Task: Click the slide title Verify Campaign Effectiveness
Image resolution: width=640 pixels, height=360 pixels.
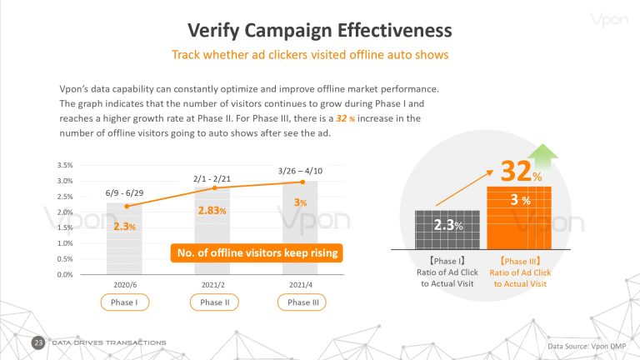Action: [x=320, y=31]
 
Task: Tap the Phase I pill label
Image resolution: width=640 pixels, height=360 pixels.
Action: [x=124, y=302]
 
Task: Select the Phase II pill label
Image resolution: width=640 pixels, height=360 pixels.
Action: [x=214, y=302]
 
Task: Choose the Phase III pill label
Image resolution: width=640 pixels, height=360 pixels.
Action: [x=302, y=302]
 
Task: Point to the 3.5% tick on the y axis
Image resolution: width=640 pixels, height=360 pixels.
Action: [x=65, y=165]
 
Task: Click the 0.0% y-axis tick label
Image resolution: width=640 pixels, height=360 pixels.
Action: [x=65, y=275]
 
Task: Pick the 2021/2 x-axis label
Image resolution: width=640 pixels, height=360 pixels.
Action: [x=213, y=285]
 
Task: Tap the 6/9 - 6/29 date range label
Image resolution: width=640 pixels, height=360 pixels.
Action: [x=124, y=193]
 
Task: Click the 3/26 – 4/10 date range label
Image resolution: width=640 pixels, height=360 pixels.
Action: [x=300, y=171]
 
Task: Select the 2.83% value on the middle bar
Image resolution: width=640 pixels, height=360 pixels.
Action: [x=212, y=211]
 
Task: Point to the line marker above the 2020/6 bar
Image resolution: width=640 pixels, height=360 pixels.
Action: [x=127, y=207]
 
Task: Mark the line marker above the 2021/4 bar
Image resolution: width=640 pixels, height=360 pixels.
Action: [x=302, y=182]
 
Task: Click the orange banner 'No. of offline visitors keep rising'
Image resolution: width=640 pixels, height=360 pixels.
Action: [x=257, y=253]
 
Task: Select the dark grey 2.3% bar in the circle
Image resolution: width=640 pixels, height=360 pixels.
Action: [x=447, y=230]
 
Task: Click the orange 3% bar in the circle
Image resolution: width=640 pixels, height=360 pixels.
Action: [x=519, y=218]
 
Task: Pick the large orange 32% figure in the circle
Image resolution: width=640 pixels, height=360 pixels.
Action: [x=521, y=171]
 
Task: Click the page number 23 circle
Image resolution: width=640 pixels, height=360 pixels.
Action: [x=38, y=342]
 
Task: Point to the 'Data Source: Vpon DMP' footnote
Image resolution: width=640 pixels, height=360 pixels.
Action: [x=587, y=347]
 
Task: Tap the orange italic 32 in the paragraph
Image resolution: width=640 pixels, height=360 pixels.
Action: [x=341, y=118]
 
